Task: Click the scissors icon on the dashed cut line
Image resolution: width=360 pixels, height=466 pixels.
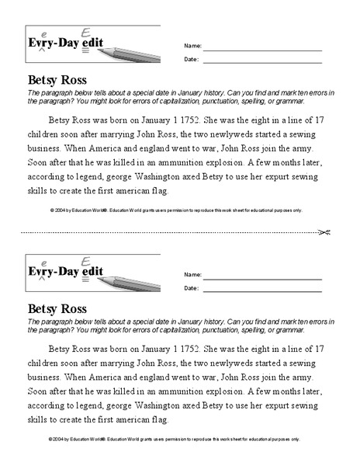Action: coord(326,231)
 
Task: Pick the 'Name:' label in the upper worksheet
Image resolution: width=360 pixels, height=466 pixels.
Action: coord(192,46)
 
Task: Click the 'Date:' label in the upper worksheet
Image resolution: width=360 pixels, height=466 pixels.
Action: coord(191,58)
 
